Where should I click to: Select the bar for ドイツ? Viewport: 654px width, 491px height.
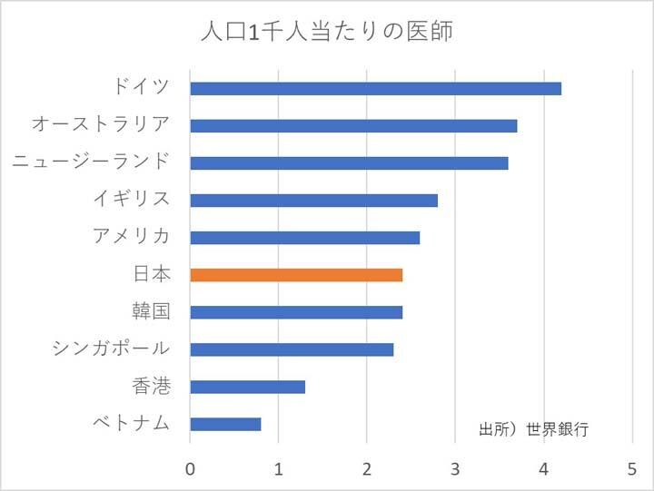coord(375,88)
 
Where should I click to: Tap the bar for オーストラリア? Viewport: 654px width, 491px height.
coord(353,125)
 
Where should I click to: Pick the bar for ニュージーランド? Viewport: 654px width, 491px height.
coord(349,162)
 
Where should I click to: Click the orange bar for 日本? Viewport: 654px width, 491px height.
coord(296,274)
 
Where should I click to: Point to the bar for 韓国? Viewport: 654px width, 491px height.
coord(296,312)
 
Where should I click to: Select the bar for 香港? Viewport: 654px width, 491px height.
coord(247,387)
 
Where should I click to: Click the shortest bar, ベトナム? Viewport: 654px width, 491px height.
coord(225,424)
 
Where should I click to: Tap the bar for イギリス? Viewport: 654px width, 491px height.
coord(313,200)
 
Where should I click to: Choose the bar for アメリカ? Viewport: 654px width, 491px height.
coord(304,237)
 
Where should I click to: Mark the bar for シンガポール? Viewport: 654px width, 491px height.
coord(292,349)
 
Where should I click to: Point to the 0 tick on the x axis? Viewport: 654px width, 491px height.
coord(190,469)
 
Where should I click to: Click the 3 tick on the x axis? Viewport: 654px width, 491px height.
coord(455,469)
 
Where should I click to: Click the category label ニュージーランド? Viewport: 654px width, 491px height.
coord(91,162)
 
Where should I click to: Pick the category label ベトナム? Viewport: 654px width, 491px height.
coord(132,423)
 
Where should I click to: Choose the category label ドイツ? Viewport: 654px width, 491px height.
coord(142,87)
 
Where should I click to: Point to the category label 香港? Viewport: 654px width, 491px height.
coord(151,386)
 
